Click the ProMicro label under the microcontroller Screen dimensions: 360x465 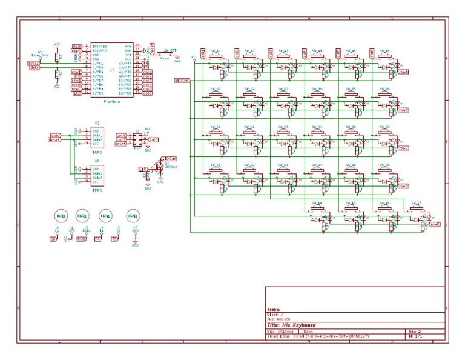[x=111, y=102]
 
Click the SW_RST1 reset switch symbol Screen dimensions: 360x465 [x=170, y=53]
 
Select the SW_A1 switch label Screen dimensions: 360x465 [x=216, y=51]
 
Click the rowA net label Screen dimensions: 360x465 [x=404, y=72]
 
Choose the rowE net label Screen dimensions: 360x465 [x=434, y=224]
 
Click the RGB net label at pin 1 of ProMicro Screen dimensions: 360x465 [x=77, y=46]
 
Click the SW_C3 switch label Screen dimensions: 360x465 [x=283, y=127]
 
